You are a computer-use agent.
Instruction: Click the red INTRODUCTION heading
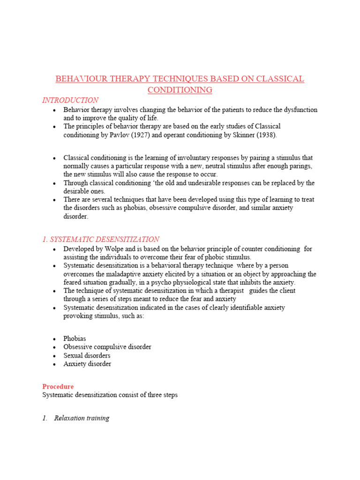70,100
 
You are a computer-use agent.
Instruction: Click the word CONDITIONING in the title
180,90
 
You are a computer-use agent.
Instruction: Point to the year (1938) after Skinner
265,135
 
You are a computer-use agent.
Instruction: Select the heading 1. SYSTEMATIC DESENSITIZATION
101,240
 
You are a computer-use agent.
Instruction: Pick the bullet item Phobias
75,338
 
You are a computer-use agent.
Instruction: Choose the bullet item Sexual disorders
87,355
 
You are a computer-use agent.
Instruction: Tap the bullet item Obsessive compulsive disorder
107,347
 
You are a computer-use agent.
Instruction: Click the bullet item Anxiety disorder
88,364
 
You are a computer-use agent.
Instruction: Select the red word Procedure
58,387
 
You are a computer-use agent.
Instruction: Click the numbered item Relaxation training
82,418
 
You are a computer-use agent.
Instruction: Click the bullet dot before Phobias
55,339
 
